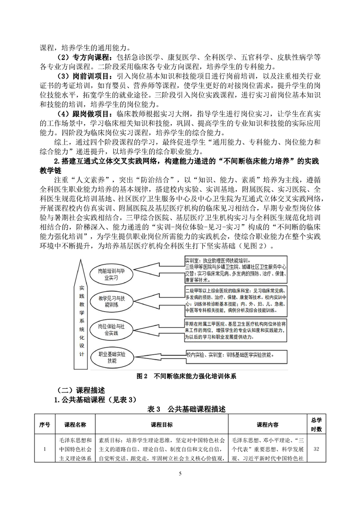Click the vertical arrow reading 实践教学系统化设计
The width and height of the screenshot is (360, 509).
81,318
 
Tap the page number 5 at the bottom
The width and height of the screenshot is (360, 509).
180,486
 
